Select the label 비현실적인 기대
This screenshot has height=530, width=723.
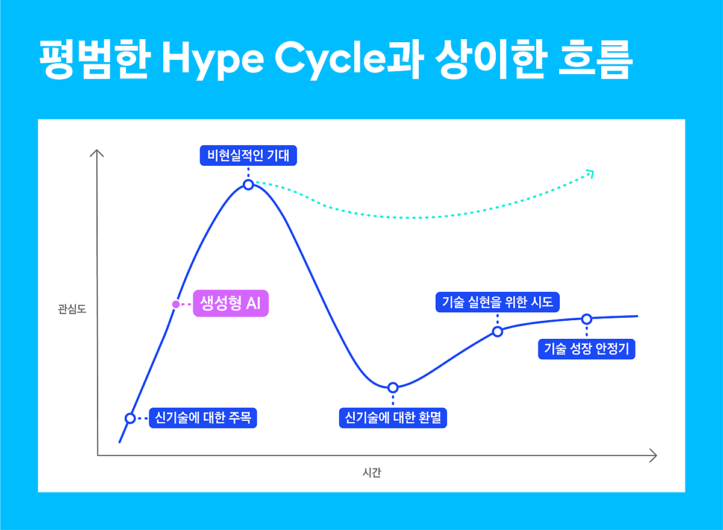(x=248, y=156)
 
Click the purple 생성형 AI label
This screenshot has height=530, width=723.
(x=230, y=303)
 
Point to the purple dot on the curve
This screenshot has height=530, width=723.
(x=175, y=304)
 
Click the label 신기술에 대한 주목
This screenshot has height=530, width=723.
(x=203, y=417)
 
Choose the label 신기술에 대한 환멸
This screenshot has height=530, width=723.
(x=393, y=417)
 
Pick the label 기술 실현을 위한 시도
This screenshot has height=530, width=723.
(x=498, y=301)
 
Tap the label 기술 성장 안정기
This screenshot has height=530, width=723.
(x=586, y=349)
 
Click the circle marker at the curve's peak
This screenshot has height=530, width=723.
(x=248, y=185)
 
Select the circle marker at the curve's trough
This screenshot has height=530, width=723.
(x=393, y=387)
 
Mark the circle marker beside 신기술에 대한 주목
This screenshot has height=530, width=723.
(x=130, y=418)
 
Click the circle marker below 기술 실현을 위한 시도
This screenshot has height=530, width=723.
(x=498, y=331)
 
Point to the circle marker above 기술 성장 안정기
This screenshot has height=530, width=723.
(x=586, y=318)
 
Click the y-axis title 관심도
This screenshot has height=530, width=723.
(x=72, y=310)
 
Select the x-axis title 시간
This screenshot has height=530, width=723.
(x=372, y=473)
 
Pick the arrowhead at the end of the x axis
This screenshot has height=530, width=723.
(x=653, y=455)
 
